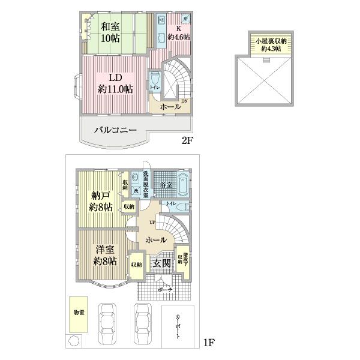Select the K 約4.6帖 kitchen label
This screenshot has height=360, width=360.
point(178,32)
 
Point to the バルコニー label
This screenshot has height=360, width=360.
point(115,130)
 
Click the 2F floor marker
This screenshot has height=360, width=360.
point(188,142)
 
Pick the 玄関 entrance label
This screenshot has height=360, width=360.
point(160,263)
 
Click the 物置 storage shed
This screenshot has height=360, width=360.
point(79,313)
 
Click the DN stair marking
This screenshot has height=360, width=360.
point(184,101)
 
